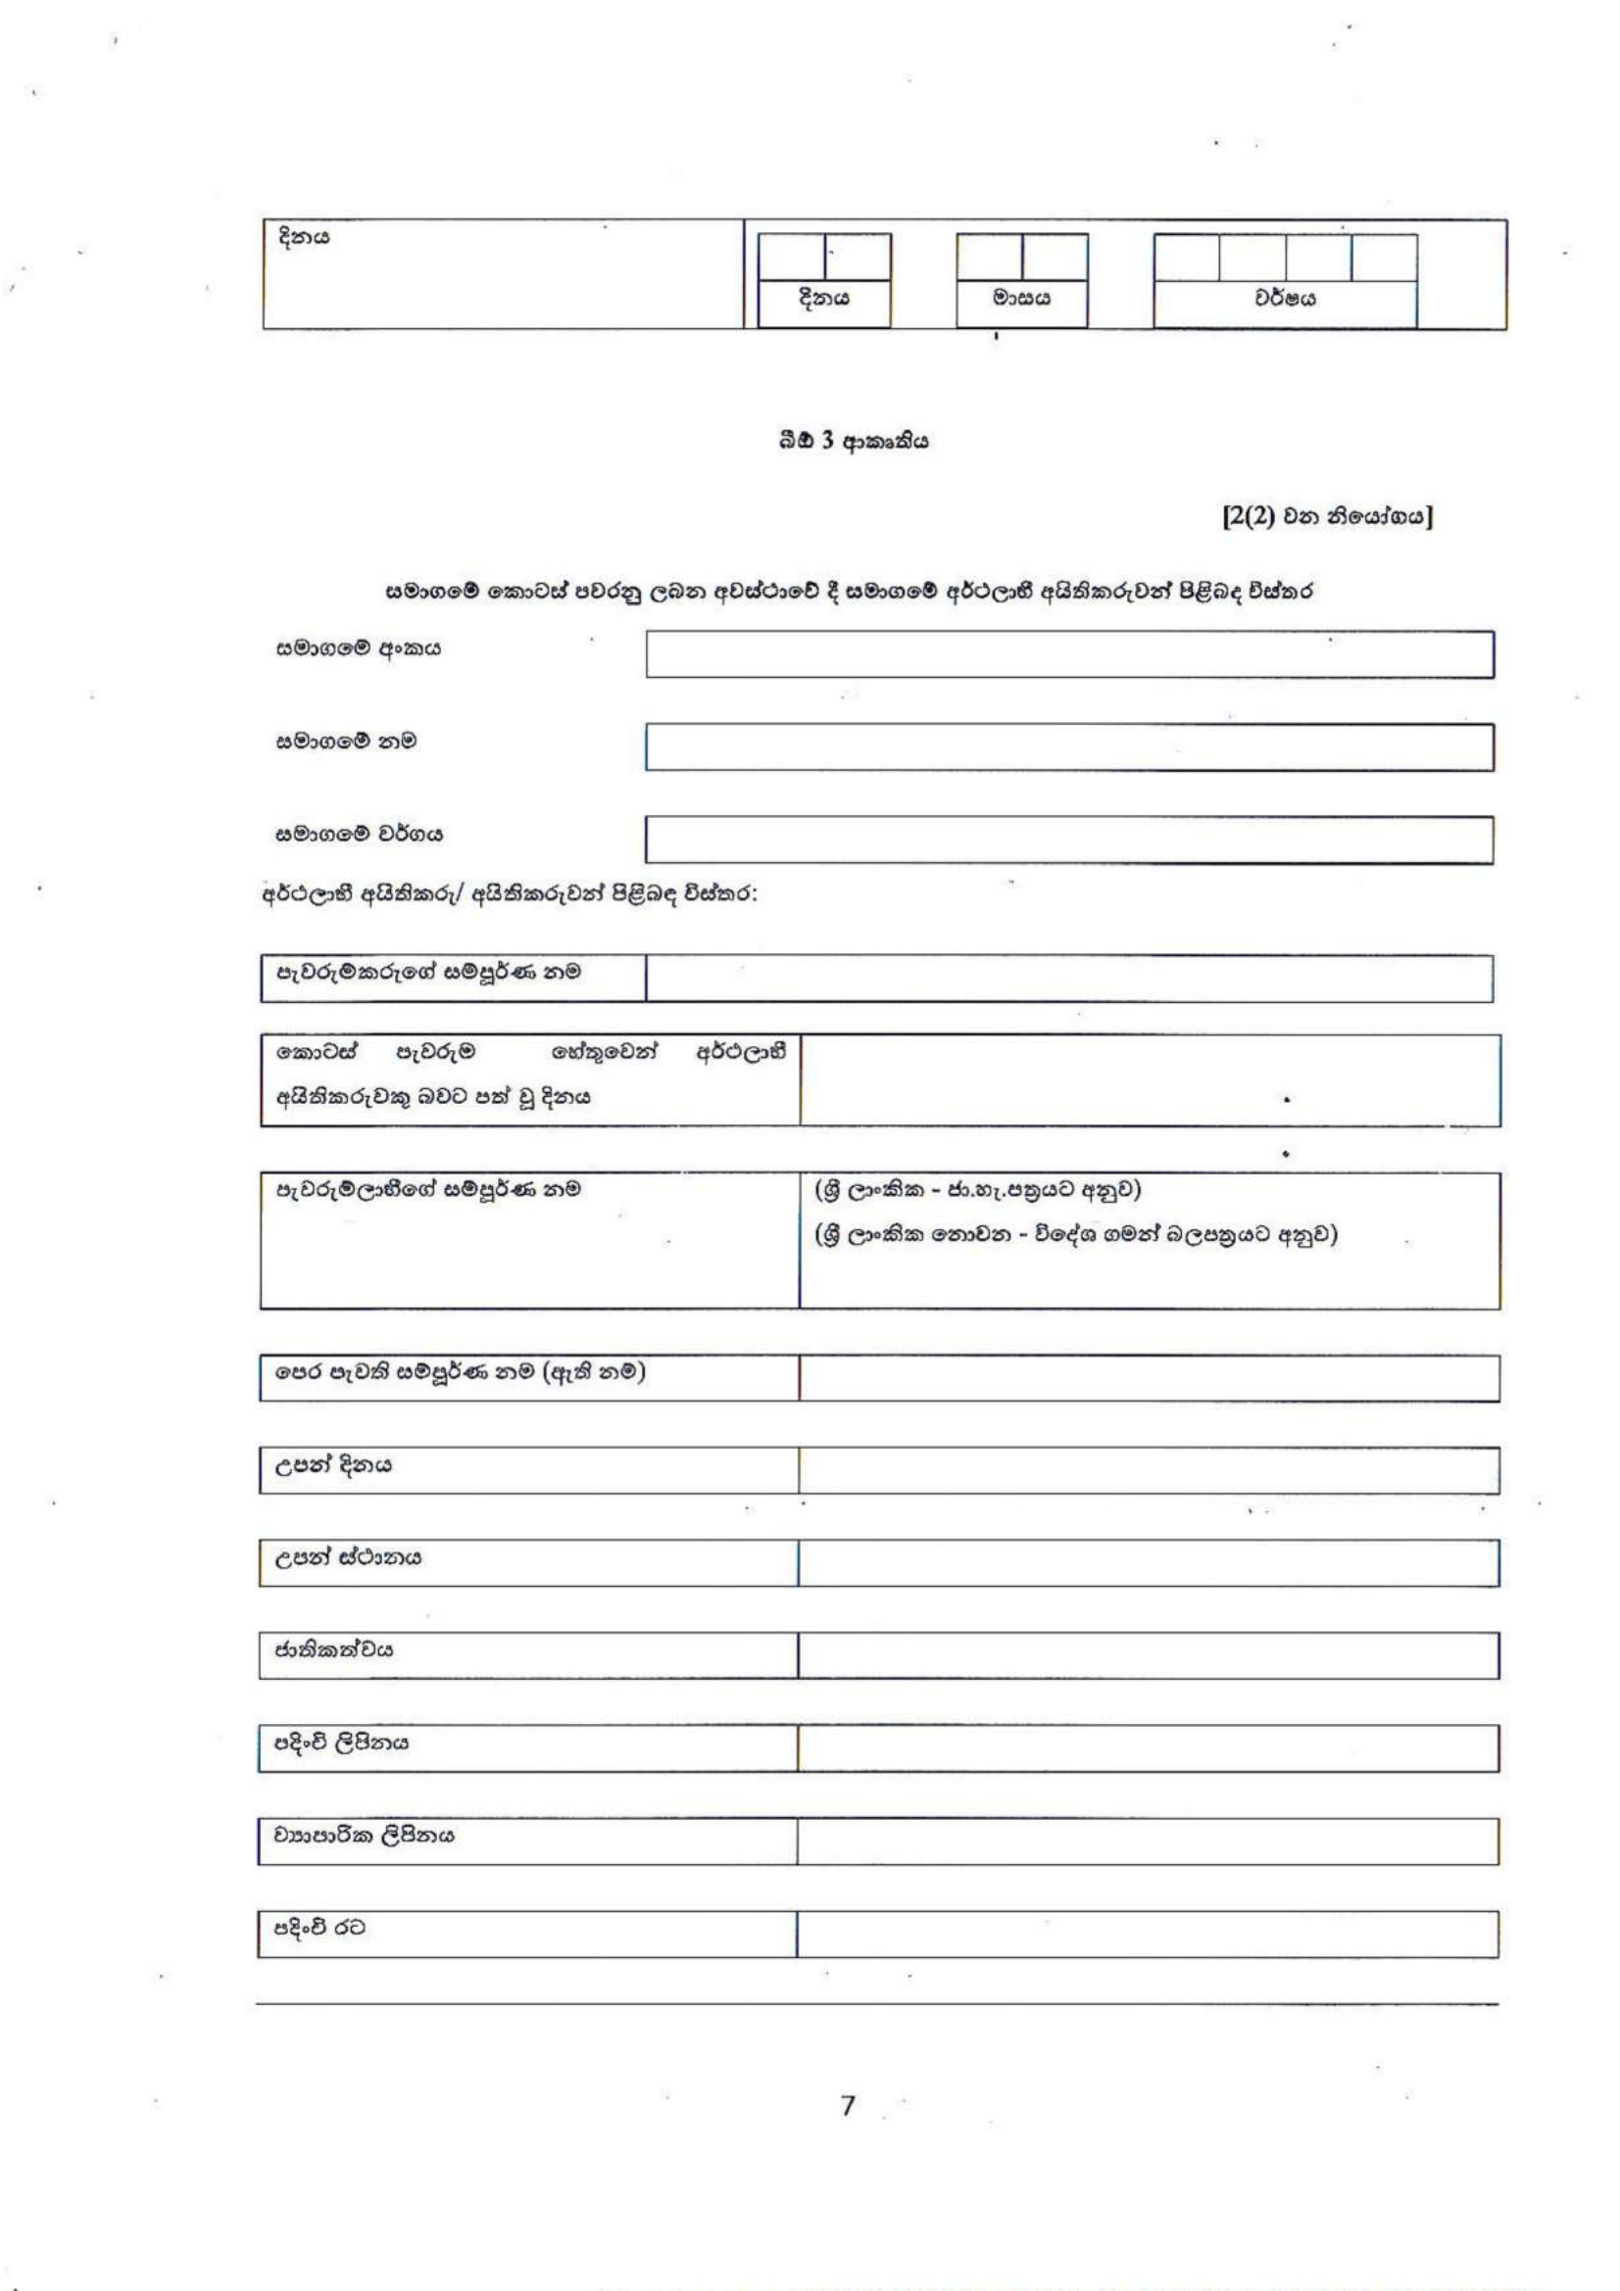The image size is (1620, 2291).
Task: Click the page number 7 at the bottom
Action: (x=848, y=2106)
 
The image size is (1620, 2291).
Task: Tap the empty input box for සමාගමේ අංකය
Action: (x=1069, y=654)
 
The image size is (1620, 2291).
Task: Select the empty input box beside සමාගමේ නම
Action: (x=1069, y=747)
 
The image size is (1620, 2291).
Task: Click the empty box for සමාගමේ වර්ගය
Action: (x=1069, y=839)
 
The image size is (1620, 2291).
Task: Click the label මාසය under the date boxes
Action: (x=1021, y=299)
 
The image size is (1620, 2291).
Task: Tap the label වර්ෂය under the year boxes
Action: (x=1285, y=299)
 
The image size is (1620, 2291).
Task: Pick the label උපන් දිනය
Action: (x=333, y=1466)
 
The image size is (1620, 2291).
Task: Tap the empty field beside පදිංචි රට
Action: (x=1148, y=1933)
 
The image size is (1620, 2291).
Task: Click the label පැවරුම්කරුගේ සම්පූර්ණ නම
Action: (x=428, y=972)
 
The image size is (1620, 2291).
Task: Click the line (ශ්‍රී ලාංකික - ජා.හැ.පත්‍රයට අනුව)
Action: (x=977, y=1190)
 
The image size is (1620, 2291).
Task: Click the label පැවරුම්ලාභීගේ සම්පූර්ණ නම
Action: (x=428, y=1189)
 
